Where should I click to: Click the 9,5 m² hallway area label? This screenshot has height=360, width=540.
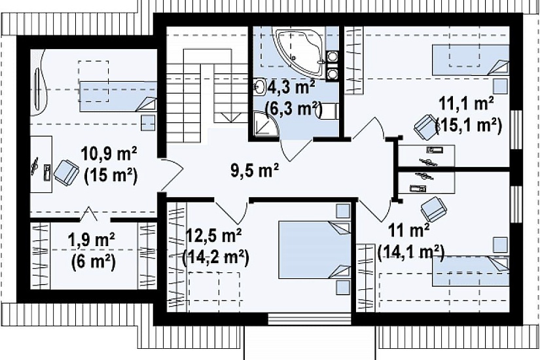(255, 170)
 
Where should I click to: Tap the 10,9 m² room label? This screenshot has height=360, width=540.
(109, 154)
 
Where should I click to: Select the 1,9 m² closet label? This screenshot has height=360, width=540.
(92, 240)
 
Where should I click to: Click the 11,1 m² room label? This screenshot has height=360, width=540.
(467, 103)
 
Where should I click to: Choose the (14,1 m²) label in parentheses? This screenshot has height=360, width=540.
(411, 252)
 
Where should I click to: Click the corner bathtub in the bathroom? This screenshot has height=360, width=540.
(299, 51)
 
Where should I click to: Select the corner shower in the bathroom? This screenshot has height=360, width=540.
(264, 124)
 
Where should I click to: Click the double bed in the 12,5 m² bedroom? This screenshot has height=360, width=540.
(314, 250)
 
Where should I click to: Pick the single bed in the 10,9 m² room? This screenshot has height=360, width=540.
(118, 96)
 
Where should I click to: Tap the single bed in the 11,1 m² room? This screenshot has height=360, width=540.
(471, 60)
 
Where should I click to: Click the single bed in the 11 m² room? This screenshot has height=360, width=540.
(471, 271)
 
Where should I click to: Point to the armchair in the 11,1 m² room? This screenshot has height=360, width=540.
(426, 127)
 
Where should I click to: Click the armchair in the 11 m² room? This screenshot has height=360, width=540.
(433, 209)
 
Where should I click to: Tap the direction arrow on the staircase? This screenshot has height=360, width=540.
(231, 117)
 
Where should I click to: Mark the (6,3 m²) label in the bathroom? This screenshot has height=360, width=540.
(293, 109)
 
